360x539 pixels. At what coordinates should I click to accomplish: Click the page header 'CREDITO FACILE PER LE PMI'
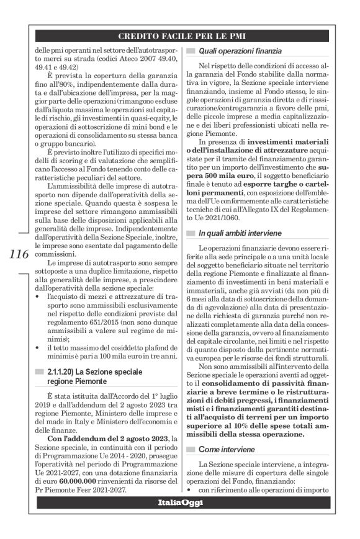[x=179, y=37]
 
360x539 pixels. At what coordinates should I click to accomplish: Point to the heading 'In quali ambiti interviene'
[x=240, y=233]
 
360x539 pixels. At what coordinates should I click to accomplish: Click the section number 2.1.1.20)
[x=60, y=371]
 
